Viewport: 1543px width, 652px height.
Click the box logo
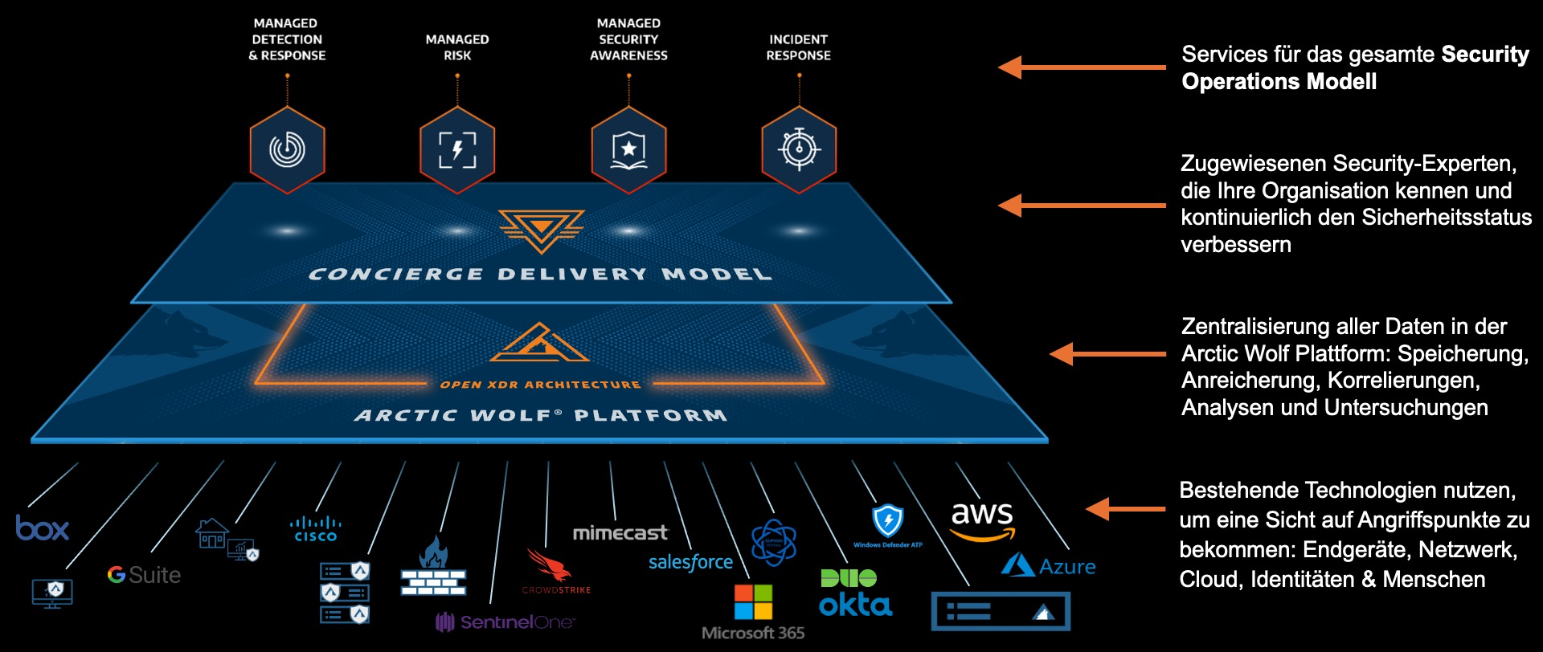[43, 528]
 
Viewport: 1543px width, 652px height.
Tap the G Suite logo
[144, 575]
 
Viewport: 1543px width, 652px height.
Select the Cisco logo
[315, 529]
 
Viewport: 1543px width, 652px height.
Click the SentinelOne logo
[505, 621]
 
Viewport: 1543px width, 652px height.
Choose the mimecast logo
[620, 532]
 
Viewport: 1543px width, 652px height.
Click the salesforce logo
[690, 562]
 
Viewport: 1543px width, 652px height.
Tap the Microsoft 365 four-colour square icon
[753, 602]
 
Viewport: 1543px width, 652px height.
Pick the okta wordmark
[855, 605]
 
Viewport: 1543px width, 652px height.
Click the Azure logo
[1049, 565]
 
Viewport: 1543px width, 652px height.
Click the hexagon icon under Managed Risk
[457, 150]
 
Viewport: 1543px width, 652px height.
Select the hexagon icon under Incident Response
[799, 150]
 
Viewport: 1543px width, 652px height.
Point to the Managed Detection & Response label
[287, 39]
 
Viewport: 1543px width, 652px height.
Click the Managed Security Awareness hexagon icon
[628, 150]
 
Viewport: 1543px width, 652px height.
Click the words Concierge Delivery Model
[540, 275]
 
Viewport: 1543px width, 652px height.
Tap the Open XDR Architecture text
[540, 385]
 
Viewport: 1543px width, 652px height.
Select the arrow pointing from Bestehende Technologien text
[1125, 508]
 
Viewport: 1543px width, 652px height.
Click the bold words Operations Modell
[1279, 82]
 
